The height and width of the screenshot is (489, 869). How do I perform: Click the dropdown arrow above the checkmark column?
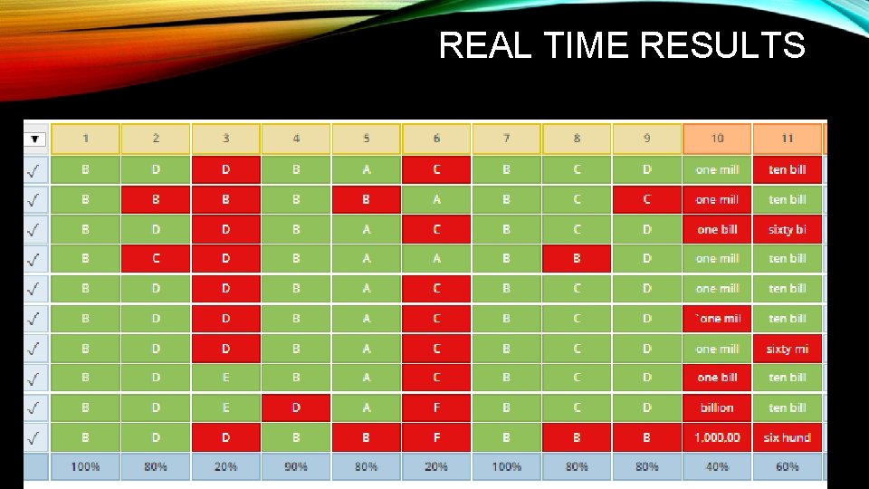pyautogui.click(x=35, y=139)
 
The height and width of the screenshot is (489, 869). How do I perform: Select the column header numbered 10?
pyautogui.click(x=717, y=139)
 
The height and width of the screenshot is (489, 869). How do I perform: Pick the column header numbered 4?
pyautogui.click(x=296, y=139)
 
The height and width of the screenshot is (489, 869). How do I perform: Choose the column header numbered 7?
pyautogui.click(x=506, y=139)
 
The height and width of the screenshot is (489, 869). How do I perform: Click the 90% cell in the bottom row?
pyautogui.click(x=296, y=466)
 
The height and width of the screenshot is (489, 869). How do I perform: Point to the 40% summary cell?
pyautogui.click(x=717, y=466)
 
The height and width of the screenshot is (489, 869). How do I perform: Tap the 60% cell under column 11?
pyautogui.click(x=787, y=466)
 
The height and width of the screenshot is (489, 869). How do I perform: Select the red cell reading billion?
pyautogui.click(x=717, y=407)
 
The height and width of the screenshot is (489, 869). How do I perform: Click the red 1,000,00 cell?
pyautogui.click(x=717, y=437)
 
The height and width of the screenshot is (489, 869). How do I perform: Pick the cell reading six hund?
pyautogui.click(x=787, y=437)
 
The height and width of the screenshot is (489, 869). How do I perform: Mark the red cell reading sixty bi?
pyautogui.click(x=787, y=229)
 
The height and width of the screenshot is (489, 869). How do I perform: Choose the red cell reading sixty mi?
pyautogui.click(x=787, y=349)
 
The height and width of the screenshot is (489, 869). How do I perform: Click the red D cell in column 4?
pyautogui.click(x=296, y=407)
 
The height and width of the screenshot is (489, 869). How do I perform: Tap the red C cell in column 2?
pyautogui.click(x=156, y=259)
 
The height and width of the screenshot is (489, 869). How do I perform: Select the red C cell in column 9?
pyautogui.click(x=646, y=199)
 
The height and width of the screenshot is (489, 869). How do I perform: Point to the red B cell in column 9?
pyautogui.click(x=646, y=437)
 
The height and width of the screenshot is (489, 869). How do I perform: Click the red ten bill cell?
pyautogui.click(x=787, y=169)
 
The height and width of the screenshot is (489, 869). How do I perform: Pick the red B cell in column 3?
pyautogui.click(x=225, y=199)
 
